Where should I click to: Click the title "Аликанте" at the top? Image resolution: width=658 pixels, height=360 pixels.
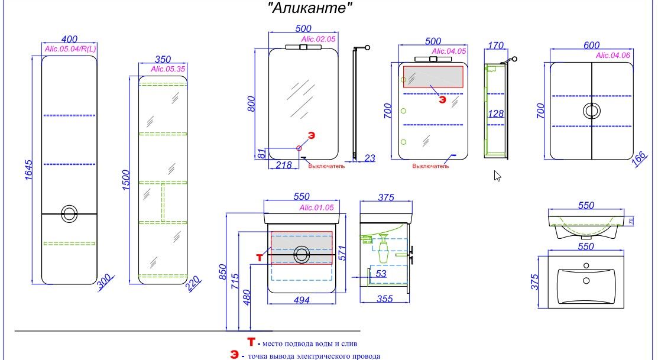click(x=310, y=8)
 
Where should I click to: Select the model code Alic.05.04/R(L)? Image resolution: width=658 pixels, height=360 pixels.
click(x=70, y=48)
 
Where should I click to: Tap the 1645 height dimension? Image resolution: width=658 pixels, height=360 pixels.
click(x=28, y=170)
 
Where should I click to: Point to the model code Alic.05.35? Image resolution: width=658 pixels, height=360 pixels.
click(x=168, y=69)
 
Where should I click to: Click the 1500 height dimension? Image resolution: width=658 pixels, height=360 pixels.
click(x=125, y=180)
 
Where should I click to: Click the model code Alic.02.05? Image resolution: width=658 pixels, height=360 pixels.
click(x=319, y=39)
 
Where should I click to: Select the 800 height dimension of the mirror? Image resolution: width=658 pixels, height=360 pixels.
click(x=251, y=104)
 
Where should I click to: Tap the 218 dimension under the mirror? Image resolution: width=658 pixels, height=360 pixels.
click(x=284, y=165)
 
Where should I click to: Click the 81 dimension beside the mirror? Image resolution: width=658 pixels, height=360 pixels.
click(x=261, y=154)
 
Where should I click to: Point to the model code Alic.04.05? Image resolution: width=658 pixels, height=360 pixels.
click(x=449, y=51)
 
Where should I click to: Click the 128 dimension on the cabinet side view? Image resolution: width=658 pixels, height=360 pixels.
click(x=495, y=113)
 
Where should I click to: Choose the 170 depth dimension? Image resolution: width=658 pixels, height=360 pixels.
click(x=495, y=45)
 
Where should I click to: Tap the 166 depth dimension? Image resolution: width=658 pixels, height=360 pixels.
click(x=639, y=160)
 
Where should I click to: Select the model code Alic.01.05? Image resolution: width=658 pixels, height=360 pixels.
click(x=316, y=207)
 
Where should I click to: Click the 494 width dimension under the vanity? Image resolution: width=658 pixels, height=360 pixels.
click(x=302, y=300)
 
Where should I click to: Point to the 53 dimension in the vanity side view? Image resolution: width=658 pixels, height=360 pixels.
click(x=381, y=274)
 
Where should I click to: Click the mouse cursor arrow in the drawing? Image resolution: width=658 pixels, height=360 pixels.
click(x=497, y=176)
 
